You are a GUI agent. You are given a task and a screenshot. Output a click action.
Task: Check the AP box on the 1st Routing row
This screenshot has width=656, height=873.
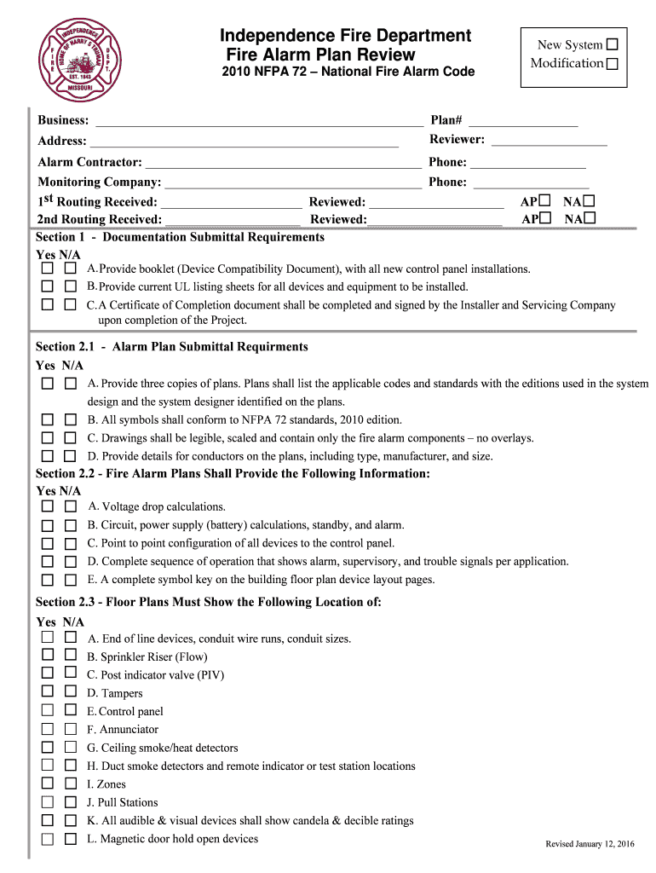544,201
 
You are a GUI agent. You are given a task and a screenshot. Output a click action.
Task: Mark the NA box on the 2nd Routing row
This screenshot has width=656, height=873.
590,218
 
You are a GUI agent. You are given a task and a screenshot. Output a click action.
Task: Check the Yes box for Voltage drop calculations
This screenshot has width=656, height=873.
49,506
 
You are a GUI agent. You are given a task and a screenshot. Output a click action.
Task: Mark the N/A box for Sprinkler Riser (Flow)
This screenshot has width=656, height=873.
70,656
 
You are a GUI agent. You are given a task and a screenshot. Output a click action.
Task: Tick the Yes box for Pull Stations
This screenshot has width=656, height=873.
49,802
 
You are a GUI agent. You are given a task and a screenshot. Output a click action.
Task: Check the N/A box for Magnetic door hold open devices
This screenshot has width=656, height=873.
70,839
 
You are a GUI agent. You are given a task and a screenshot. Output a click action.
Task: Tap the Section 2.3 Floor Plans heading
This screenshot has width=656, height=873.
209,602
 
